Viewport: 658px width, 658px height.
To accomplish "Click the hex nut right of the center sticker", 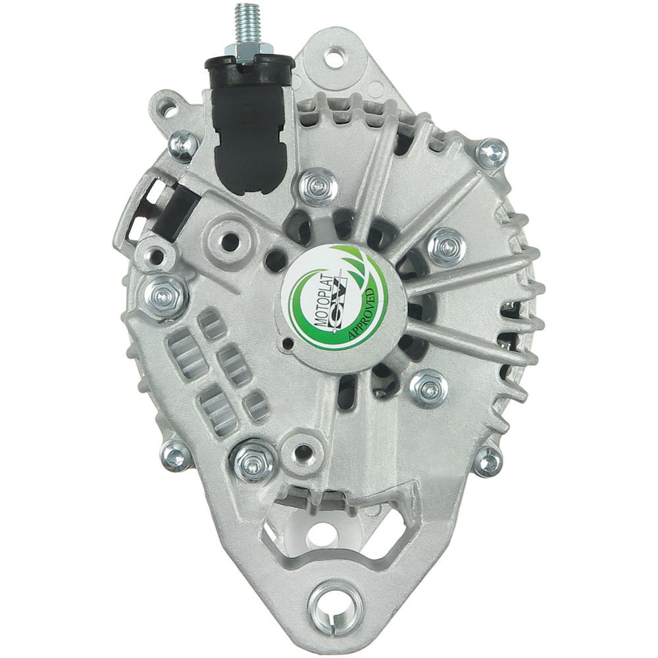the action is tap(447, 246).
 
